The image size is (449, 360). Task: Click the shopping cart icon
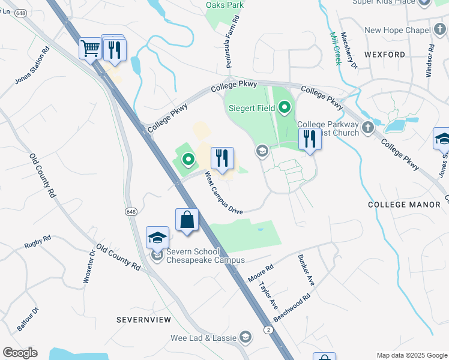(x=90, y=48)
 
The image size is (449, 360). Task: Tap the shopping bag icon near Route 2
(x=187, y=220)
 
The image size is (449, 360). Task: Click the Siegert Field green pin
(x=285, y=108)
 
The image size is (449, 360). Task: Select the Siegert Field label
(x=252, y=109)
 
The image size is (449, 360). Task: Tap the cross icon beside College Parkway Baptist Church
(x=369, y=127)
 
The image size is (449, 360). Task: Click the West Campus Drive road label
(x=223, y=193)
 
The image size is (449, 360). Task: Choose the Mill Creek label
(x=334, y=48)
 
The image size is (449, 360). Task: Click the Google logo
(x=20, y=352)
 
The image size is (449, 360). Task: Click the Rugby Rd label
(x=38, y=241)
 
